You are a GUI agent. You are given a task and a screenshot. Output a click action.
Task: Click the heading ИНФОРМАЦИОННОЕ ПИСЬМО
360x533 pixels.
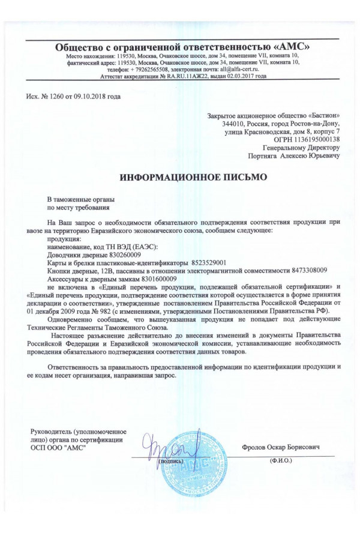(189, 178)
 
